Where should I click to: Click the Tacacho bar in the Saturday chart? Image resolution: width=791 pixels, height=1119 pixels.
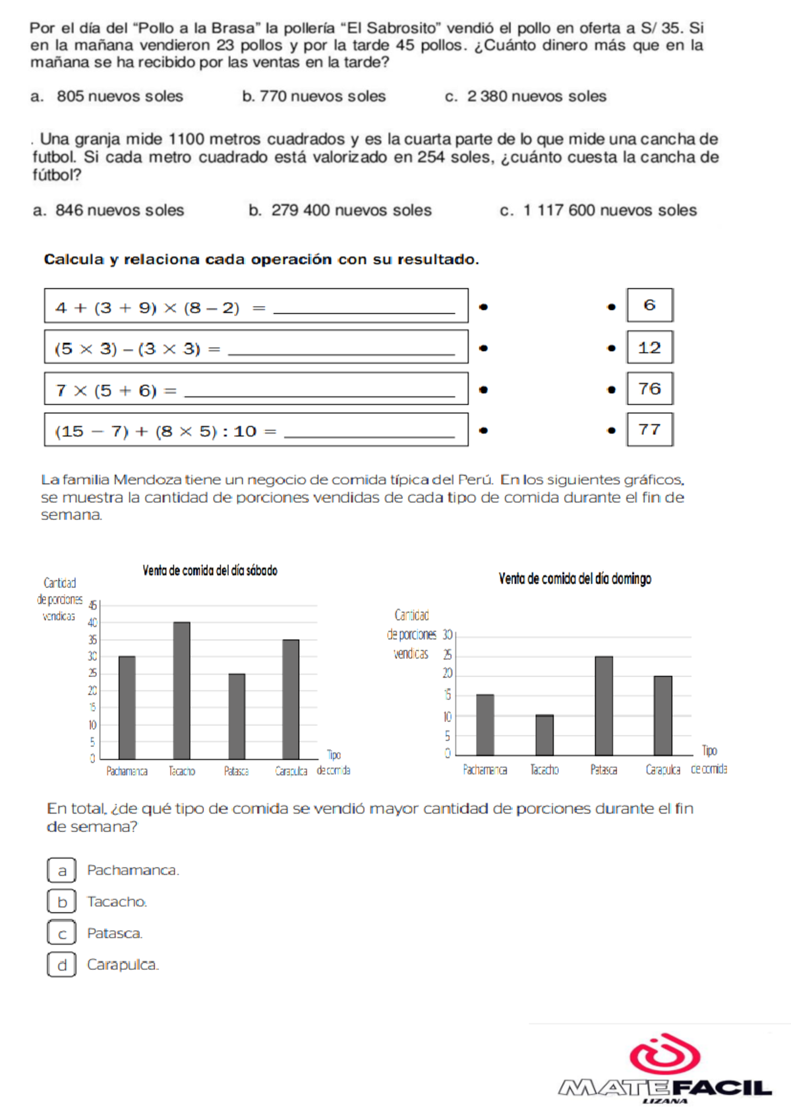pyautogui.click(x=181, y=690)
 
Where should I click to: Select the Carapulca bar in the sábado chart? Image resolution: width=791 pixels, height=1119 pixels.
pyautogui.click(x=291, y=699)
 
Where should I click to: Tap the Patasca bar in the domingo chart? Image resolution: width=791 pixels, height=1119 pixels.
pyautogui.click(x=604, y=706)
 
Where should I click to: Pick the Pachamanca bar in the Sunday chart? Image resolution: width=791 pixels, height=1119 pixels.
pyautogui.click(x=485, y=724)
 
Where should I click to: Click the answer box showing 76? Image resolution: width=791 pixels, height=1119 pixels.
pyautogui.click(x=650, y=389)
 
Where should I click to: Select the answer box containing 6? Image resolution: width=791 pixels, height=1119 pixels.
pyautogui.click(x=650, y=305)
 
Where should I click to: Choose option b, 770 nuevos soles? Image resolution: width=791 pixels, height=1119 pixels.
pyautogui.click(x=314, y=96)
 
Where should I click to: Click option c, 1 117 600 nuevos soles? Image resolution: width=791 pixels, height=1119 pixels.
pyautogui.click(x=599, y=210)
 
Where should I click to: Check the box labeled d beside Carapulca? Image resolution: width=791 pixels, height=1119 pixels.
pyautogui.click(x=62, y=965)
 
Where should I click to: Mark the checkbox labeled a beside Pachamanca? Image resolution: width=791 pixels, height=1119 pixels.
pyautogui.click(x=62, y=870)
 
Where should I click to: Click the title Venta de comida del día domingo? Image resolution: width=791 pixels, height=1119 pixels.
pyautogui.click(x=575, y=579)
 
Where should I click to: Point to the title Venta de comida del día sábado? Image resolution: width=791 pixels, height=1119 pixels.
pyautogui.click(x=210, y=571)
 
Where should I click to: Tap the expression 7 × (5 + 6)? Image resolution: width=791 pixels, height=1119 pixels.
pyautogui.click(x=107, y=391)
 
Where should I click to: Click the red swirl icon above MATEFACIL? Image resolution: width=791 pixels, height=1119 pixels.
pyautogui.click(x=664, y=1054)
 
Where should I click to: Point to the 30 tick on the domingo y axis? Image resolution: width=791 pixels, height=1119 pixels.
pyautogui.click(x=448, y=635)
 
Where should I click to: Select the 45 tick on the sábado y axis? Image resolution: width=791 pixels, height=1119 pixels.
pyautogui.click(x=93, y=605)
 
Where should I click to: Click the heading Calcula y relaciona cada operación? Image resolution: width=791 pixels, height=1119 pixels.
pyautogui.click(x=261, y=259)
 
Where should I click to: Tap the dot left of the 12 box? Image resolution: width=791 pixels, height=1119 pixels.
pyautogui.click(x=612, y=348)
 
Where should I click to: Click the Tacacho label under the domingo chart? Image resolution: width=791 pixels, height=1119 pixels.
pyautogui.click(x=544, y=770)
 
